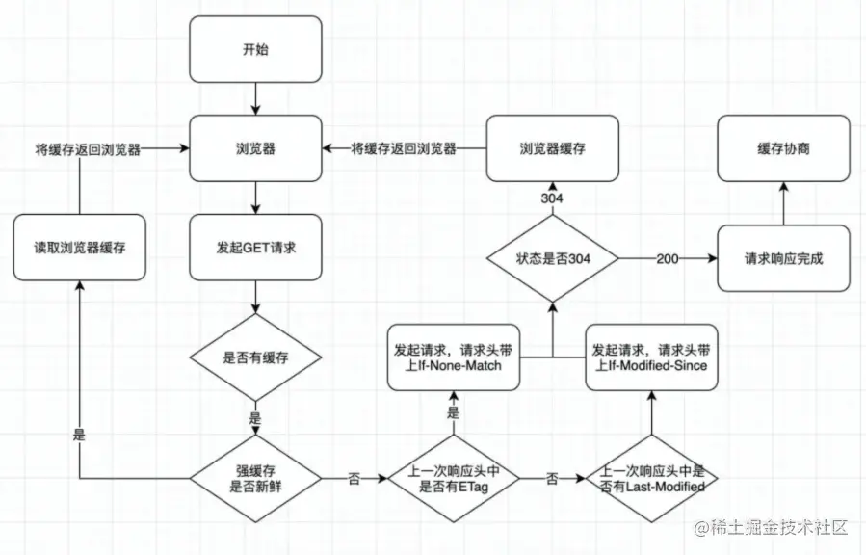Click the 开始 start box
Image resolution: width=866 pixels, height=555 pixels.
pos(255,49)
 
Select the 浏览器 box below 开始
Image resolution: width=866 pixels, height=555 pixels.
pos(255,148)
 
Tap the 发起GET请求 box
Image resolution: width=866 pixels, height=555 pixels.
pos(255,248)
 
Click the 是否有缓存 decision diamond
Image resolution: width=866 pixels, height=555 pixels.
pos(255,357)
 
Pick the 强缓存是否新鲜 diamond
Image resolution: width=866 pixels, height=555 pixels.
pos(255,478)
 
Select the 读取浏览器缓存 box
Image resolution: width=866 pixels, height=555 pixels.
pos(80,248)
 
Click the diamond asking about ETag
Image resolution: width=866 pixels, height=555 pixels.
pos(454,478)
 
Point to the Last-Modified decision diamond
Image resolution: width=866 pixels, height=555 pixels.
pos(652,478)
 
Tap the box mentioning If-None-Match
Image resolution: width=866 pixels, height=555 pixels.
pos(454,357)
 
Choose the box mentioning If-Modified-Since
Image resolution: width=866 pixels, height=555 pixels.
pos(652,357)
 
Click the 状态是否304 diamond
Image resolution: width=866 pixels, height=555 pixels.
pos(552,258)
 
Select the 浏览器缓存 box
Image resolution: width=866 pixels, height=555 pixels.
pos(552,148)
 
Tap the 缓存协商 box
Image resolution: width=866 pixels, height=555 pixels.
pos(783,148)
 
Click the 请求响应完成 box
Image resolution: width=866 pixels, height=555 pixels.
pos(783,258)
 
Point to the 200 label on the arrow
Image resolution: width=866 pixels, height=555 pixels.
pos(668,258)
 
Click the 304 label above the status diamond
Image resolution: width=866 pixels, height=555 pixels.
pos(552,198)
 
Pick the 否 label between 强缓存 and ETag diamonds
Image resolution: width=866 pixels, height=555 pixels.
pos(354,478)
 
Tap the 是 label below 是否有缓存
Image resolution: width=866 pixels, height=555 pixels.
pos(255,418)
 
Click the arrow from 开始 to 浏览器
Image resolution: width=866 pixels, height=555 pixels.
pos(255,99)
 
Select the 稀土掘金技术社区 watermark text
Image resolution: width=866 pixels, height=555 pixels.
pos(771,527)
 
